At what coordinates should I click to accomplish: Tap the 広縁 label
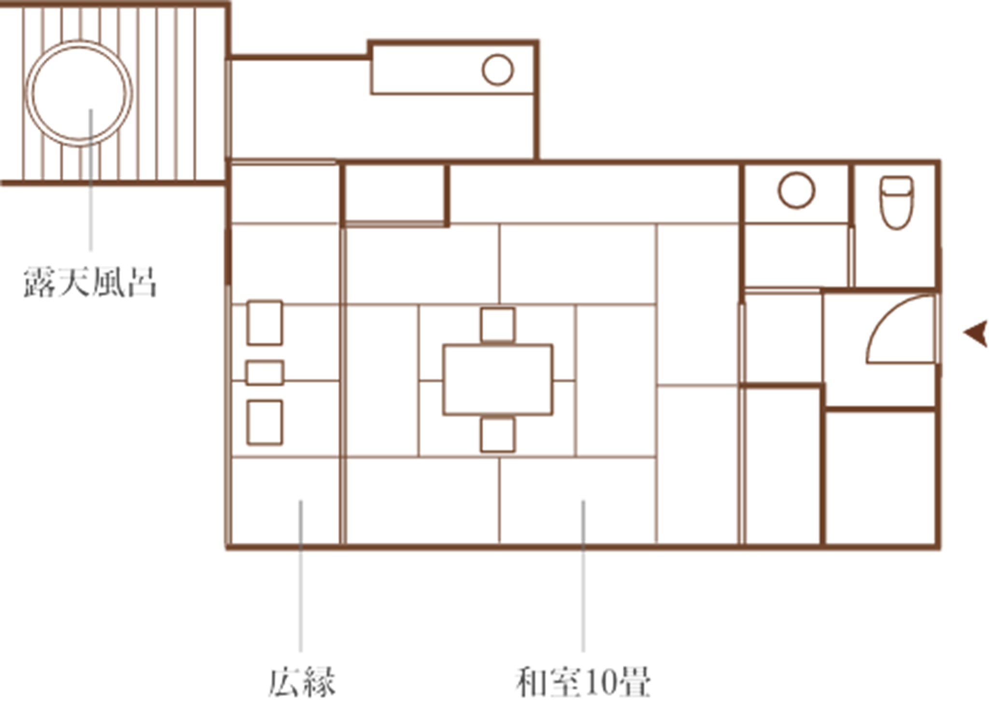[x=302, y=682]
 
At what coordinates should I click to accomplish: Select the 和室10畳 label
[x=583, y=682]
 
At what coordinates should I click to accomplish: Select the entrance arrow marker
[x=976, y=334]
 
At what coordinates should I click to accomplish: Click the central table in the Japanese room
[x=498, y=380]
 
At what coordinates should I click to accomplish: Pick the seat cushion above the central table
[x=498, y=325]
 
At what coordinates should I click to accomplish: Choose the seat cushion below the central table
[x=498, y=435]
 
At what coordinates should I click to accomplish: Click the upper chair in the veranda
[x=265, y=322]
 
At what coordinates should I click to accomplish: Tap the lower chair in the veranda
[x=265, y=422]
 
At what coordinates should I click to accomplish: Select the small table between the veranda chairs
[x=265, y=373]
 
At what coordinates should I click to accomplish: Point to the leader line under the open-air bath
[x=91, y=180]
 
